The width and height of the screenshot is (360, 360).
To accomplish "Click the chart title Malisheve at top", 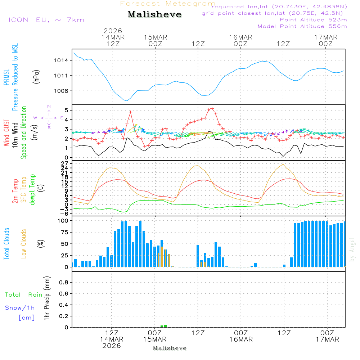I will point(154,15).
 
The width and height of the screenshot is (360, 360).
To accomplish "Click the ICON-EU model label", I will point(46,19).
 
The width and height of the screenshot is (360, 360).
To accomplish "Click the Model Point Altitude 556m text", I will point(302,26).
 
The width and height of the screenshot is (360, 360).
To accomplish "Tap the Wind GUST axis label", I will point(6,134).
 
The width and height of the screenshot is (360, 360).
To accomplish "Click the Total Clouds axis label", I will point(6,244).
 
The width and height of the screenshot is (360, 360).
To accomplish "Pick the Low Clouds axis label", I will point(24,244).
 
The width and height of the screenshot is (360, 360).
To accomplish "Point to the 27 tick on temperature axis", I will point(66,163).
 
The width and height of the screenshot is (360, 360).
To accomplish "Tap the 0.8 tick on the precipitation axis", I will point(64,283).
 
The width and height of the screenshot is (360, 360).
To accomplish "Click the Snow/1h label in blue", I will point(20,308).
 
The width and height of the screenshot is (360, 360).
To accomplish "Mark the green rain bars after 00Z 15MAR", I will point(164,326).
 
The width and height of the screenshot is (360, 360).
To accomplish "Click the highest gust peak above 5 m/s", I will point(212,108).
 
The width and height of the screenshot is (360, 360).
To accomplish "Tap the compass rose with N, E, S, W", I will point(49,117).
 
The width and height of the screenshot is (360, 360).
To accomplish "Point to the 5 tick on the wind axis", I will point(67,110).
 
